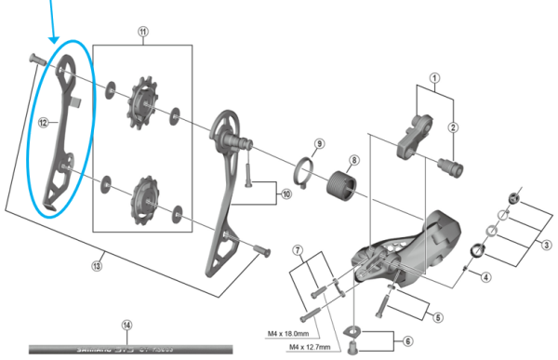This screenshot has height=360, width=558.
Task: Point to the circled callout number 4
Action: click(x=485, y=275)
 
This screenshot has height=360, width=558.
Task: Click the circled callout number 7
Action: click(x=299, y=250)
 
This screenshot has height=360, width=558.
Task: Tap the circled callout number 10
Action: click(x=286, y=193)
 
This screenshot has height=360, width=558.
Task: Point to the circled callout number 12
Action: click(x=43, y=122)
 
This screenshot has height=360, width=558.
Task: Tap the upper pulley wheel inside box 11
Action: click(x=144, y=100)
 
